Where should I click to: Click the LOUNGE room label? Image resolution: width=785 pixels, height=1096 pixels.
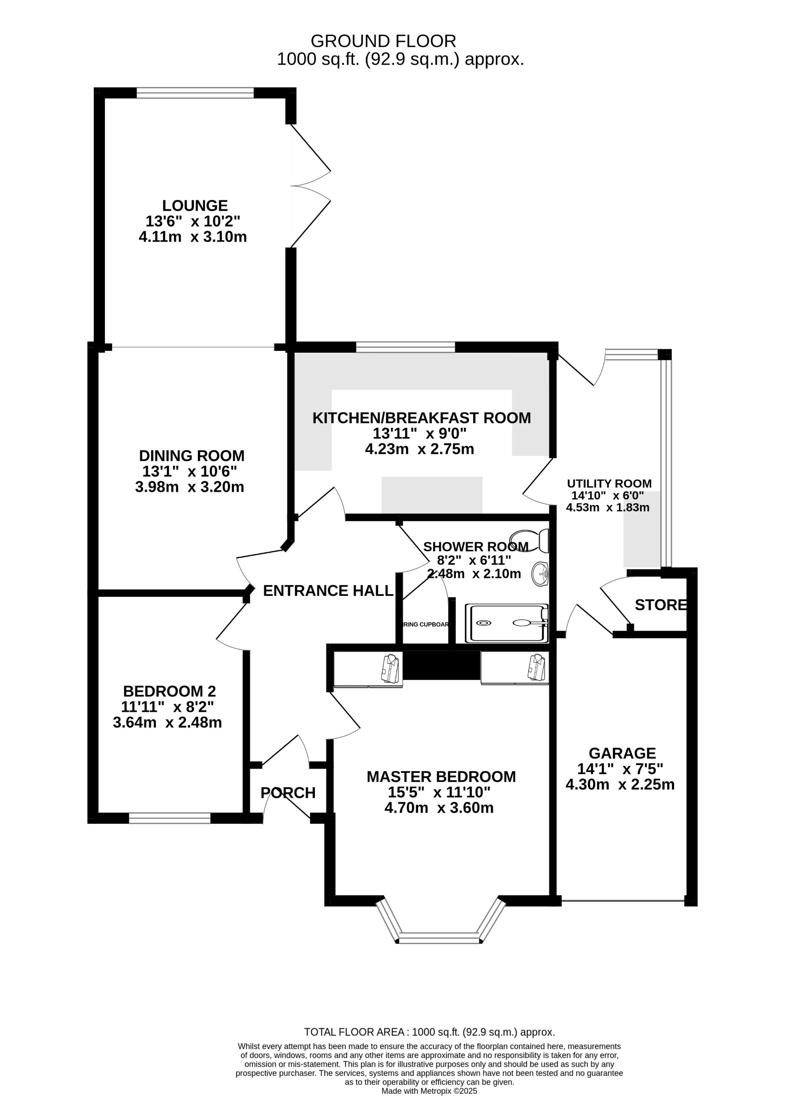(195, 206)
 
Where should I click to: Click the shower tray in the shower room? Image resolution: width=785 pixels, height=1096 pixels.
(507, 623)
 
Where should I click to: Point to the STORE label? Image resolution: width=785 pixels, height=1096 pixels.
(660, 605)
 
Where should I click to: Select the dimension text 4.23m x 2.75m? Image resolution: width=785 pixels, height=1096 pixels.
(419, 449)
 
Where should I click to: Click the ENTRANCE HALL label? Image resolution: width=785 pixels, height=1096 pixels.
(328, 591)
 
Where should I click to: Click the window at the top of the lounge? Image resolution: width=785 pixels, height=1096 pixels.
(195, 93)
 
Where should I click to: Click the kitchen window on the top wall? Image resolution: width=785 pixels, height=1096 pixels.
(406, 347)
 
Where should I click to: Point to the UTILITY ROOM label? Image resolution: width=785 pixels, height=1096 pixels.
(609, 484)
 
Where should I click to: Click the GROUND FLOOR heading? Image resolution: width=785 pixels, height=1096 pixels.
(383, 41)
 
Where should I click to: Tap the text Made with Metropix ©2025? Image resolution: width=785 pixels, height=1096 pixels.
(429, 1091)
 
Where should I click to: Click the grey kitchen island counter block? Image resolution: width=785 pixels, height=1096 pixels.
(432, 495)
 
